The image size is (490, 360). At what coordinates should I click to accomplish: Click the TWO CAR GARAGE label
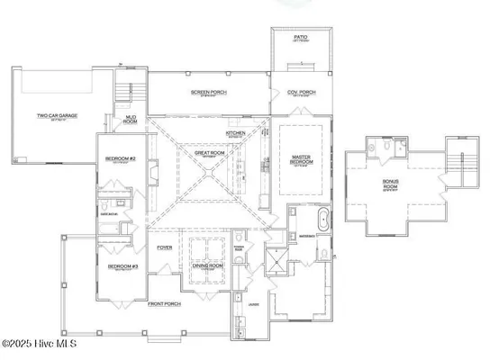click(x=55, y=116)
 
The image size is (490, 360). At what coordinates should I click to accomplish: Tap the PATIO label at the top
click(x=300, y=38)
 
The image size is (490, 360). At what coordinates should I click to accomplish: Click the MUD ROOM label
click(x=131, y=120)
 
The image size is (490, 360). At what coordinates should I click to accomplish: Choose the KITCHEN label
click(x=236, y=133)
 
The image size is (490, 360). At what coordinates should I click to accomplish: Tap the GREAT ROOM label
click(x=208, y=153)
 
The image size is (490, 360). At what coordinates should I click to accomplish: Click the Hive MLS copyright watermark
click(x=41, y=344)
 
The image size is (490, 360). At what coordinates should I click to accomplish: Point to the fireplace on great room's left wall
click(x=154, y=171)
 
